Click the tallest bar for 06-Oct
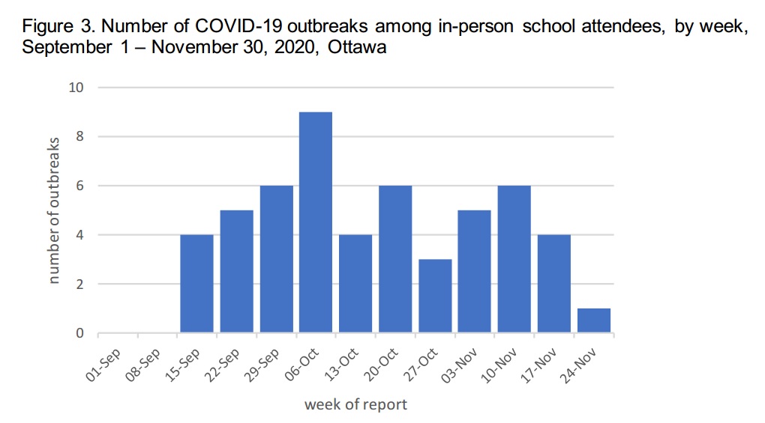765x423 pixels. pos(316,222)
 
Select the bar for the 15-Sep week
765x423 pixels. pos(196,284)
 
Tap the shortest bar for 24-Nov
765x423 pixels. pos(594,320)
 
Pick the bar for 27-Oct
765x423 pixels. pos(435,296)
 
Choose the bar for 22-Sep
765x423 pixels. pos(236,272)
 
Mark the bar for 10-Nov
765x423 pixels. pos(514,260)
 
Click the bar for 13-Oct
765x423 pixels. pos(355,284)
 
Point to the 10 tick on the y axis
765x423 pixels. pos(76,88)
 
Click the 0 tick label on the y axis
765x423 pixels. pos(79,333)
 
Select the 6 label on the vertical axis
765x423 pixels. pos(79,186)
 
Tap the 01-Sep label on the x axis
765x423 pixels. pos(103,365)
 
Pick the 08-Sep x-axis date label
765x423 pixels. pos(143,365)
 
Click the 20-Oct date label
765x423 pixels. pos(381,365)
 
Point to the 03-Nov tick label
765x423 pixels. pos(460,366)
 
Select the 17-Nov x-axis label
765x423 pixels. pos(539,366)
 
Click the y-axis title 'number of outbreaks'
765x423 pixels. pos(53,210)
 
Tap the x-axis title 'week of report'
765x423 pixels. pos(355,404)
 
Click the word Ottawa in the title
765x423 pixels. pos(357,47)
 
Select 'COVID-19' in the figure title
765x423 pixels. pos(238,25)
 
